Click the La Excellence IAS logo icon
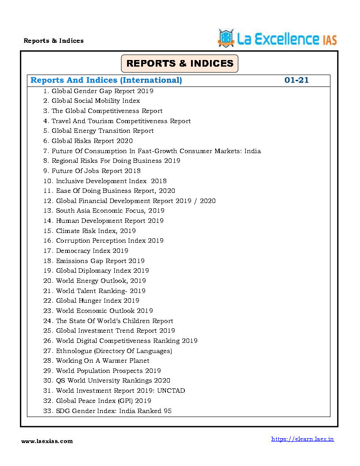pos(226,38)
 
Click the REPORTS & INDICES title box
pos(180,64)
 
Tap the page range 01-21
pos(296,80)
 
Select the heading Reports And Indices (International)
pos(106,80)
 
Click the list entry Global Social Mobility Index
pos(95,101)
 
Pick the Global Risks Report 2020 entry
pos(92,141)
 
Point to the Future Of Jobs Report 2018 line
pos(96,171)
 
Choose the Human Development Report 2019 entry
pos(109,221)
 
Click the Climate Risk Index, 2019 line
pos(96,231)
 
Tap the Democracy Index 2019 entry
pos(92,251)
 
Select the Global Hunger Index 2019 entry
pos(97,301)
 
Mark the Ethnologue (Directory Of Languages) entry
pos(114,351)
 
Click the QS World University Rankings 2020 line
pos(113,380)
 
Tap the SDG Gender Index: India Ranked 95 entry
pos(113,411)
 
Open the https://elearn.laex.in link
pos(302,439)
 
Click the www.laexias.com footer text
pos(47,441)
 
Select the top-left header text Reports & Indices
pos(53,41)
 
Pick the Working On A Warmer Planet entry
pos(102,361)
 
